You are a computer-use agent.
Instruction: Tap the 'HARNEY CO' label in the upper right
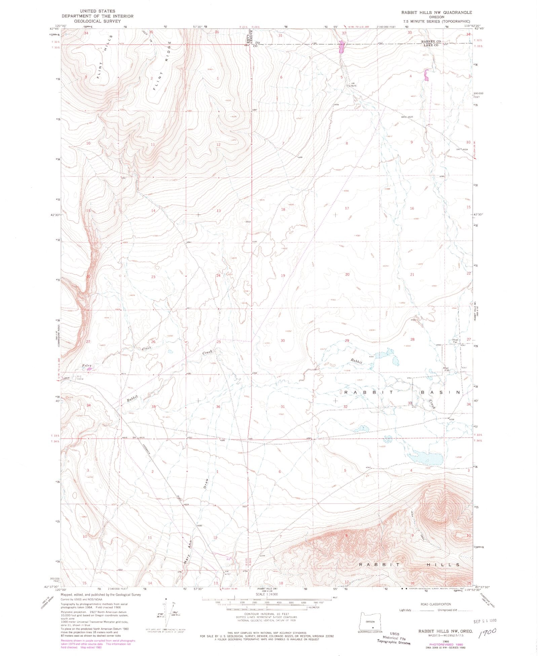tap(431, 42)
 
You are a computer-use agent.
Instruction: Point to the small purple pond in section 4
tap(426, 75)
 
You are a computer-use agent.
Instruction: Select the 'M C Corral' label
tap(80, 378)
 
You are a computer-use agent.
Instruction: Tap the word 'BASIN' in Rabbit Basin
tap(440, 392)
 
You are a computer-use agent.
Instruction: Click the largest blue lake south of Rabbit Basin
tap(425, 458)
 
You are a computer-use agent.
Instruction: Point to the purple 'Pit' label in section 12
tap(228, 560)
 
